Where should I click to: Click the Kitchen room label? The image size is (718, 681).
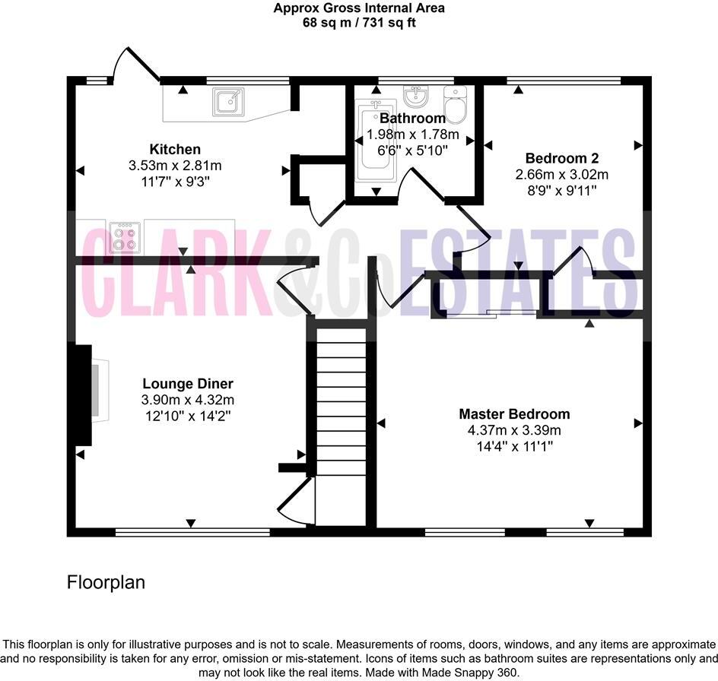point(175,150)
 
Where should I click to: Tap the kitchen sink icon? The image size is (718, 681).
point(227,101)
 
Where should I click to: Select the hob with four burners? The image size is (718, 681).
point(125,236)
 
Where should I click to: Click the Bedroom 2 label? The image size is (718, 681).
point(562,159)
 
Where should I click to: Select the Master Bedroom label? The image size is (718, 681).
point(513,414)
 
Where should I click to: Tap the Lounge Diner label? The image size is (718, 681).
point(187,384)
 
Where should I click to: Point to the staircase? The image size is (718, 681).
point(341,426)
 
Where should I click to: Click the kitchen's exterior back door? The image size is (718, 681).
point(134,67)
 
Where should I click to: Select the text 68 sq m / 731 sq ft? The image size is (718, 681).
point(359,23)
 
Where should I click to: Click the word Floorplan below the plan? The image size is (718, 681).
point(106,583)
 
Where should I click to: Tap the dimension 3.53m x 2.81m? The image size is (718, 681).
point(175,166)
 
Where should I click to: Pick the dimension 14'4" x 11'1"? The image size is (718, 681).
point(513,446)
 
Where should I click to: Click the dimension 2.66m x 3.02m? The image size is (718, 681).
point(562,175)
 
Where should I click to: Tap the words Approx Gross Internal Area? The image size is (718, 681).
point(359,8)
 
